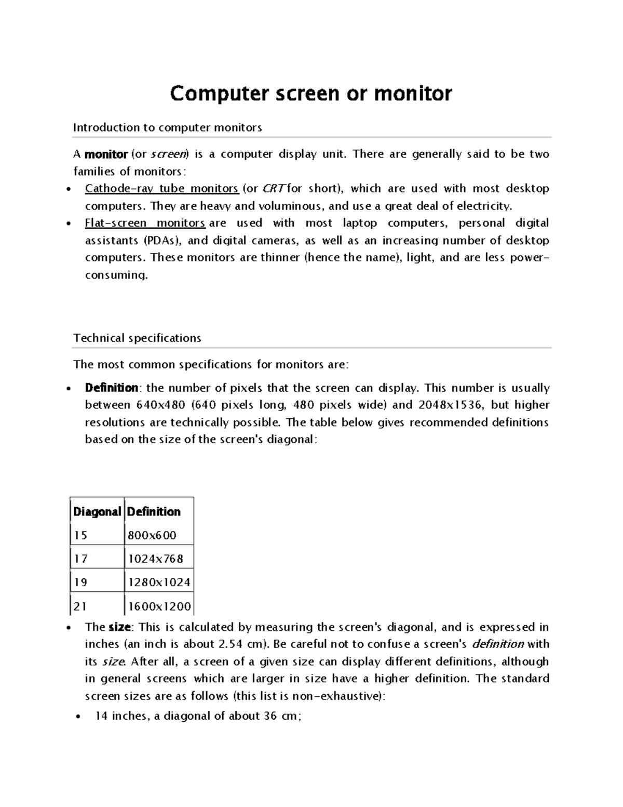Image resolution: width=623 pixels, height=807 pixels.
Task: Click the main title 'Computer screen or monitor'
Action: (x=311, y=94)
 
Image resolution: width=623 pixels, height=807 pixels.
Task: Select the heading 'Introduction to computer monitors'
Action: (x=167, y=127)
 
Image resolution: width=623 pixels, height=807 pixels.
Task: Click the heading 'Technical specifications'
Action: (x=137, y=338)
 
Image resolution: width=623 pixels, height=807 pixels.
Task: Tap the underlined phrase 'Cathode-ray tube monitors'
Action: (x=161, y=189)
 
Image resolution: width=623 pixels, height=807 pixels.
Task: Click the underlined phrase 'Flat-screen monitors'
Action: (x=145, y=223)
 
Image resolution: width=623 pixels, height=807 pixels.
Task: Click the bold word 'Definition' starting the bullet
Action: (x=111, y=388)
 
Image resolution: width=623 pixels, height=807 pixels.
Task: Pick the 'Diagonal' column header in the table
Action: (x=97, y=512)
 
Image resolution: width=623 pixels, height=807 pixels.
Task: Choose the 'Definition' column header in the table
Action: (x=154, y=512)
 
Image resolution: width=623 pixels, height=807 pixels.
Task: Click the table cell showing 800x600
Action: (x=152, y=535)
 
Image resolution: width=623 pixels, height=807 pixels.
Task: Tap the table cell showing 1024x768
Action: (x=155, y=559)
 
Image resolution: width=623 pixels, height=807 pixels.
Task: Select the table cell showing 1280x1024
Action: (x=159, y=583)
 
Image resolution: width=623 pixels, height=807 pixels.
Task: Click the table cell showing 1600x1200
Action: (x=159, y=606)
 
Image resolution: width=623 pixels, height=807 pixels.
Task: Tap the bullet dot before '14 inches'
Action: (x=77, y=717)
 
